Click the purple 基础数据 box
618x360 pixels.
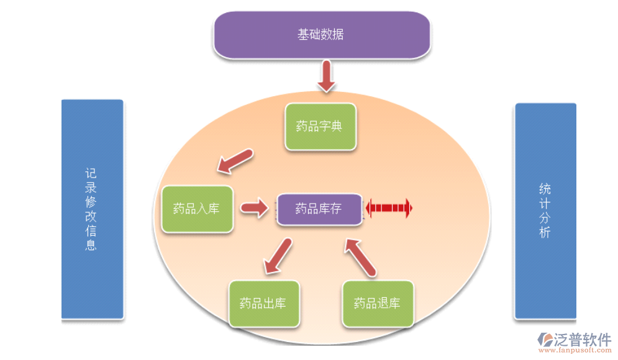[x=321, y=34]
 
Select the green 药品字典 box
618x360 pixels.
[x=320, y=127]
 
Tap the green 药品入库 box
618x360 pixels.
[x=197, y=209]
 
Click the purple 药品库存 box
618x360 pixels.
[x=319, y=209]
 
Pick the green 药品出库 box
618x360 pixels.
[x=263, y=304]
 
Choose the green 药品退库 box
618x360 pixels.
[x=378, y=304]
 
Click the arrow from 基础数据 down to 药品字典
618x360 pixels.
[x=325, y=76]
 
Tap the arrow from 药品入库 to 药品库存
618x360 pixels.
[x=254, y=207]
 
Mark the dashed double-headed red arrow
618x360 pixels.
[x=389, y=207]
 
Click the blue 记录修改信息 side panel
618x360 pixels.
[x=92, y=209]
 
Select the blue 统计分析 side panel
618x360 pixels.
[x=545, y=211]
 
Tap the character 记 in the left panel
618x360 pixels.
[x=91, y=173]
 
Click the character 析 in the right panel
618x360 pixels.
[x=545, y=233]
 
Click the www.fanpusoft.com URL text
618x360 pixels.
[x=575, y=351]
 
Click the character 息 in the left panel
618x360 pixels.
[x=91, y=245]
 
